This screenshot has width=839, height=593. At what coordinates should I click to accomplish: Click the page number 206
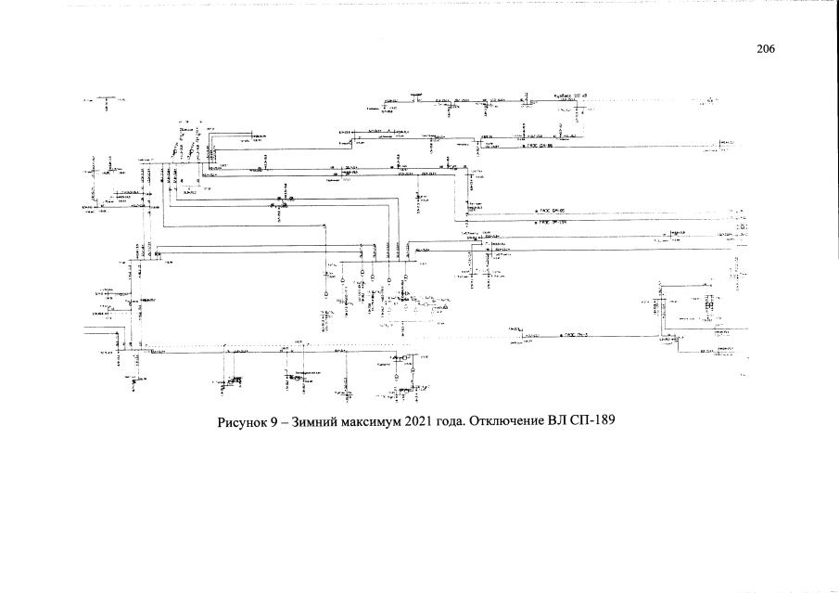pyautogui.click(x=765, y=50)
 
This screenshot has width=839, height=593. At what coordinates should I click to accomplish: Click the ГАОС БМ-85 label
pyautogui.click(x=550, y=212)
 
